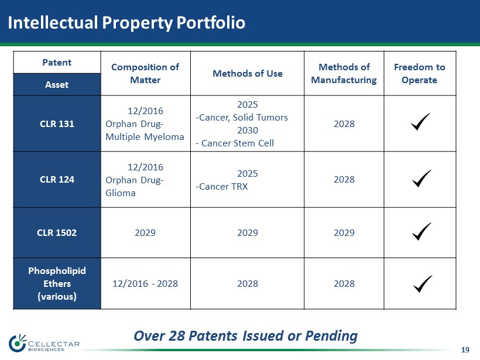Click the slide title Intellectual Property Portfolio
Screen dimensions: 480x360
[126, 23]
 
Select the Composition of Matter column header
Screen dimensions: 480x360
[145, 74]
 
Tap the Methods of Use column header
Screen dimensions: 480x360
[248, 74]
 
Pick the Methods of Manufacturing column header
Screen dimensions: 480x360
[344, 74]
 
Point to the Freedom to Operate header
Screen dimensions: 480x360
[419, 74]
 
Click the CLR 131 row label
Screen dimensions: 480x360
[57, 124]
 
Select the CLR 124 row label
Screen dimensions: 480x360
[57, 179]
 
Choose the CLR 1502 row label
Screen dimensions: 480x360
[57, 232]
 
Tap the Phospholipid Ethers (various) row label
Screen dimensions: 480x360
[57, 283]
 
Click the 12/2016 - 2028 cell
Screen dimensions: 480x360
[145, 284]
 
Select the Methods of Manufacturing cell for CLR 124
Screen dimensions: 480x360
[344, 179]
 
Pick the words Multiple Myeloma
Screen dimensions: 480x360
[145, 137]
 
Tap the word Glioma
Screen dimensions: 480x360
[121, 193]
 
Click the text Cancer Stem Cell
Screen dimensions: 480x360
[238, 143]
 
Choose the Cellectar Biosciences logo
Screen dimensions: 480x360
[44, 343]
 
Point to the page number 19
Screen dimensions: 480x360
[465, 350]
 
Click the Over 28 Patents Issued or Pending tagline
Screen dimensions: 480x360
[245, 336]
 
